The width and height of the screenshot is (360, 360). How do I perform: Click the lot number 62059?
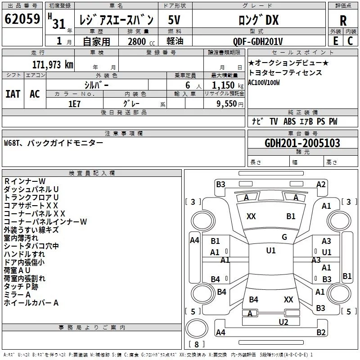pyautogui.click(x=22, y=19)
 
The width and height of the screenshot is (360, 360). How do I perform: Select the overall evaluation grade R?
pyautogui.click(x=343, y=21)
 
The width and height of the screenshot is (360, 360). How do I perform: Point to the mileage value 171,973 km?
pyautogui.click(x=52, y=64)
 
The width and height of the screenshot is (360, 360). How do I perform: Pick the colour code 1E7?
pyautogui.click(x=74, y=103)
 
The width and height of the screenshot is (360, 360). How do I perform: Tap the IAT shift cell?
pyautogui.click(x=13, y=94)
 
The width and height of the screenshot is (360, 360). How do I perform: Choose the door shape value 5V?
pyautogui.click(x=175, y=20)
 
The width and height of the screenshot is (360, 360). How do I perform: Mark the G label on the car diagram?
pyautogui.click(x=284, y=237)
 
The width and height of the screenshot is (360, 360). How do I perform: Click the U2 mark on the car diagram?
pyautogui.click(x=283, y=322)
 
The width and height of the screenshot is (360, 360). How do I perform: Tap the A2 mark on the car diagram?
pyautogui.click(x=321, y=184)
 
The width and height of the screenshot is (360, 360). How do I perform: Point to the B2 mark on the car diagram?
pyautogui.click(x=321, y=333)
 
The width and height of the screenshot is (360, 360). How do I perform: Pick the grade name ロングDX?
pyautogui.click(x=258, y=20)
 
